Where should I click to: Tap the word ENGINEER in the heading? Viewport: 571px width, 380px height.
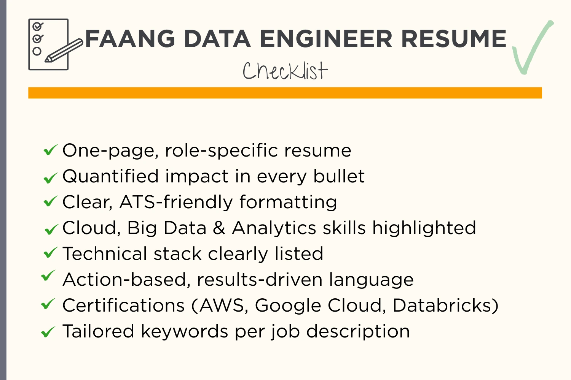[x=326, y=39]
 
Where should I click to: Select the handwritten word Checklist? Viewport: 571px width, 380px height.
[x=285, y=71]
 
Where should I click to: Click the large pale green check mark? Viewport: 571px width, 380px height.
[x=531, y=47]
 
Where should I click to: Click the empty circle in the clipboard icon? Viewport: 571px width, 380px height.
[x=37, y=51]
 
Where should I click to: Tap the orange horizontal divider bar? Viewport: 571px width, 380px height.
[x=285, y=93]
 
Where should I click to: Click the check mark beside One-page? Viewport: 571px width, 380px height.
[x=50, y=150]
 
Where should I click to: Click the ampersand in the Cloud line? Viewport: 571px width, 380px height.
[x=219, y=228]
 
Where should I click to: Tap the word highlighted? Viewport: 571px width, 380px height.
[x=424, y=228]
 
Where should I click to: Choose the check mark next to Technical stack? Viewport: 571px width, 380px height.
[x=50, y=252]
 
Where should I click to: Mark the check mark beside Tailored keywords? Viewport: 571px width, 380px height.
[x=48, y=332]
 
